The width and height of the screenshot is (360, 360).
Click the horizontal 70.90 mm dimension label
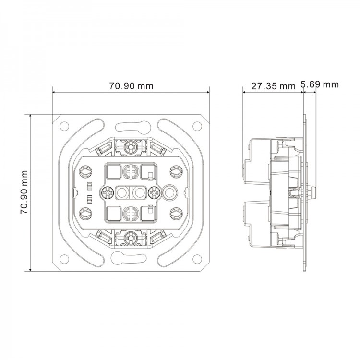point(131,86)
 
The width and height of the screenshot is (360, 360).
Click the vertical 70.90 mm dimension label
point(24,192)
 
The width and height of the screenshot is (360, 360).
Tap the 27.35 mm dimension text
point(273,86)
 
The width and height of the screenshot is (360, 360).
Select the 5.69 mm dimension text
point(320,84)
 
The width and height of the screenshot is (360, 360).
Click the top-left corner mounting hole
point(64,126)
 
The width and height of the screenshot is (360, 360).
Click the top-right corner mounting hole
point(197,126)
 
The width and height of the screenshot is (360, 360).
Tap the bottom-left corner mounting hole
point(64,259)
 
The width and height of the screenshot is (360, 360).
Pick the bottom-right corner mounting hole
point(197,259)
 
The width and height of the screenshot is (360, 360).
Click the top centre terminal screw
point(131,146)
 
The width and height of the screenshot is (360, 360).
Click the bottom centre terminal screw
point(131,239)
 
